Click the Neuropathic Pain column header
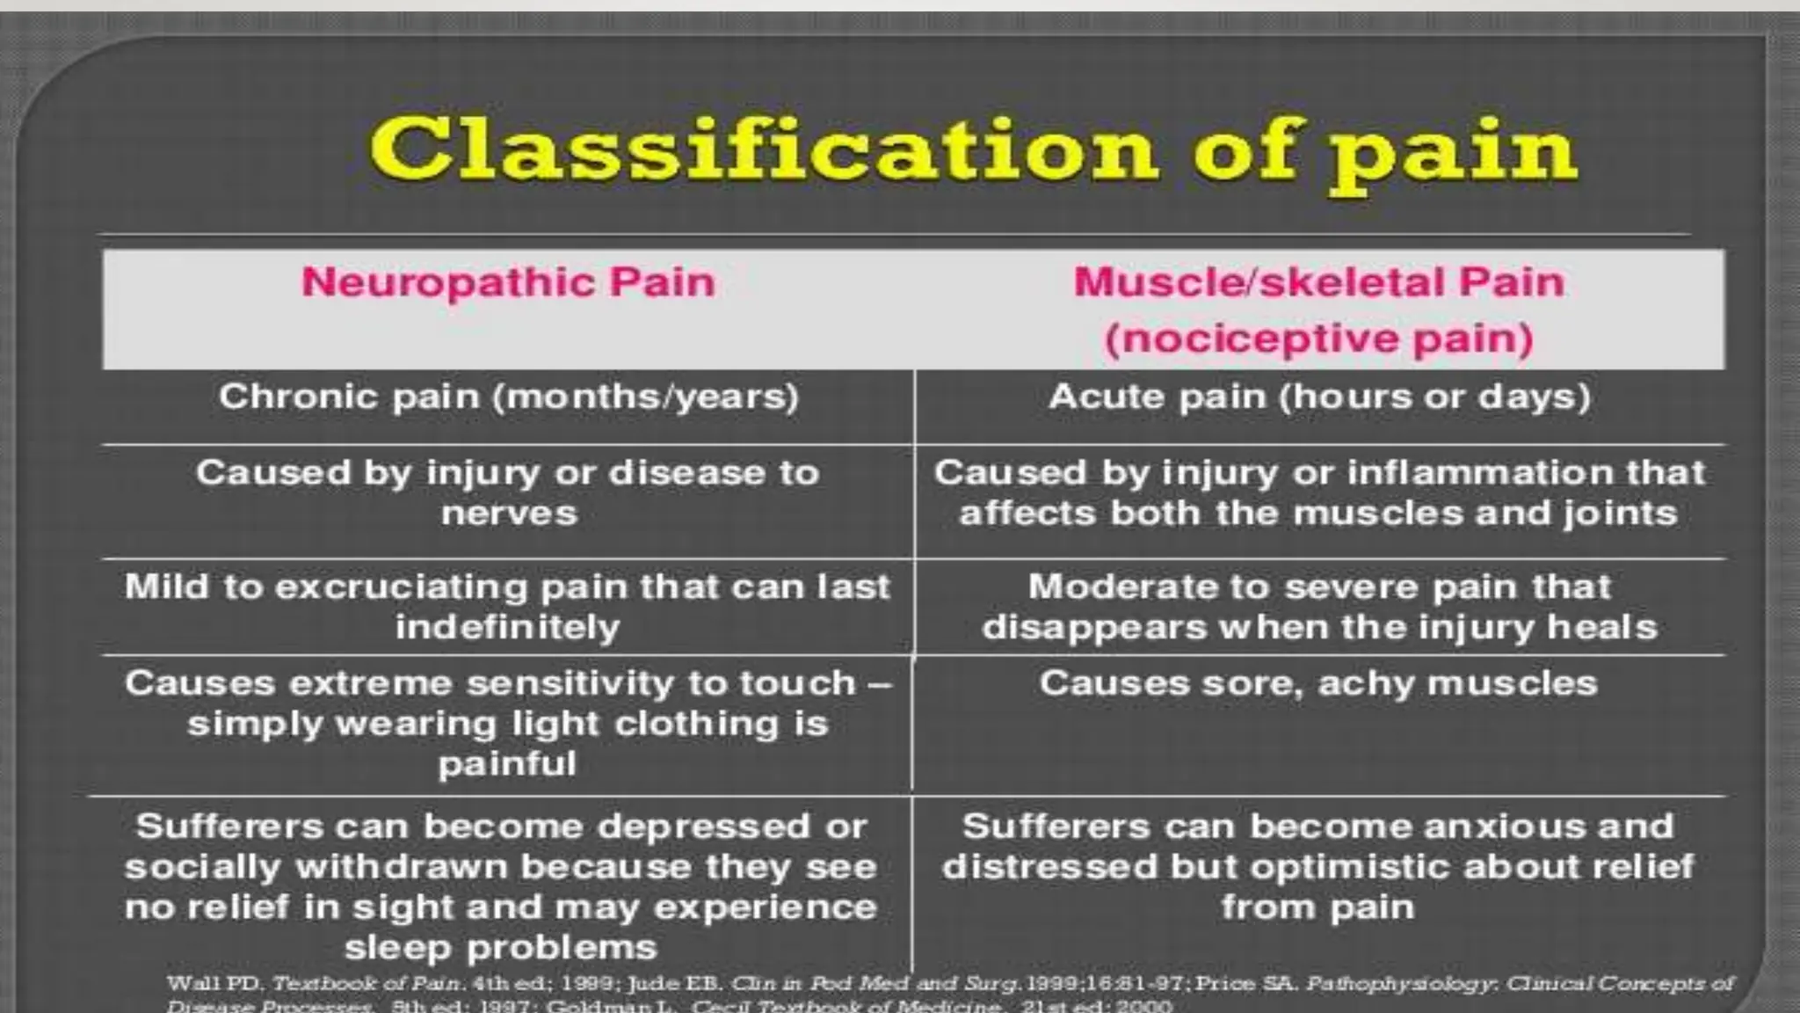click(x=508, y=282)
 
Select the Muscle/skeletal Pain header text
click(x=1318, y=282)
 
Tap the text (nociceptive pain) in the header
click(x=1318, y=339)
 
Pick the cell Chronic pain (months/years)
click(x=509, y=397)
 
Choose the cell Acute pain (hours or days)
click(x=1319, y=397)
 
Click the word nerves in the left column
click(x=509, y=514)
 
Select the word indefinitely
click(x=507, y=628)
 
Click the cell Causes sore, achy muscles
click(x=1318, y=683)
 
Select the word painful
click(x=507, y=763)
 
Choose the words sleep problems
click(x=501, y=948)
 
